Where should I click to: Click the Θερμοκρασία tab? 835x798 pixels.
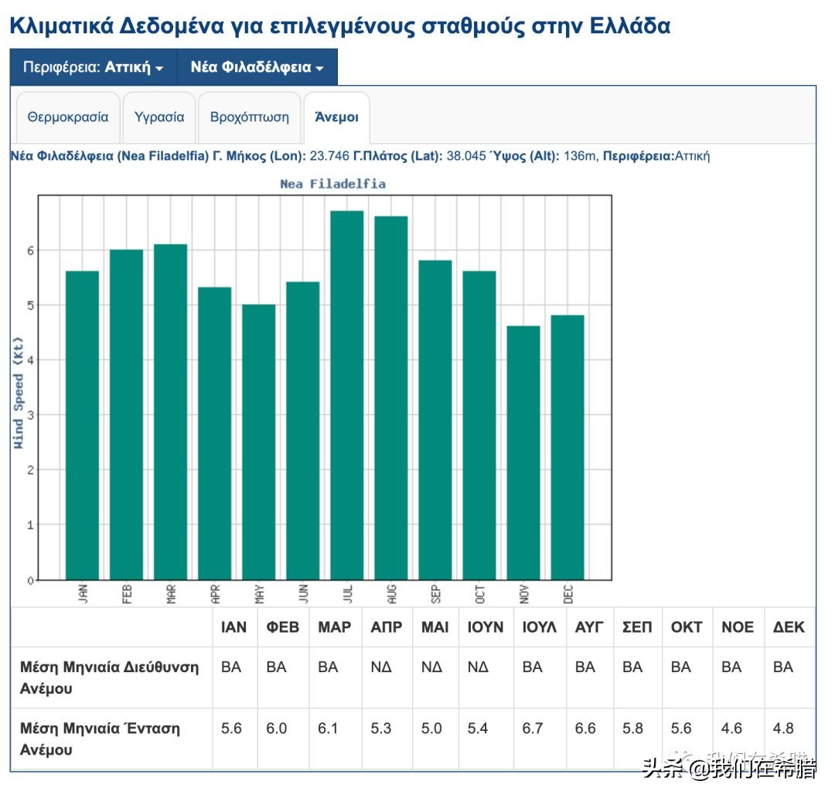tap(68, 117)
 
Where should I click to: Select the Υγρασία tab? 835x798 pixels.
tap(159, 117)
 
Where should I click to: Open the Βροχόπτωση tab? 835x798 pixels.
tap(250, 117)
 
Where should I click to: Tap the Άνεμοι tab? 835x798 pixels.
tap(336, 117)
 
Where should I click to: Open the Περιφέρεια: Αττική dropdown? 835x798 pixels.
tap(94, 67)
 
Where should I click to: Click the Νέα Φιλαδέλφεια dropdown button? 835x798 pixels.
tap(257, 67)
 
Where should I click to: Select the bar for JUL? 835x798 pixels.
tap(347, 394)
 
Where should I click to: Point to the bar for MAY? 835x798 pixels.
tap(259, 441)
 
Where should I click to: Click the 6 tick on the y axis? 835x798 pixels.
tap(31, 250)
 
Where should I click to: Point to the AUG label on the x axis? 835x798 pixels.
tap(392, 594)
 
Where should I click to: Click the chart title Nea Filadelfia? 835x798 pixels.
tap(332, 184)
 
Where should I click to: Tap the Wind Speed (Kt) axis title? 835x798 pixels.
tap(19, 393)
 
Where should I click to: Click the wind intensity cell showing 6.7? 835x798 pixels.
tap(533, 728)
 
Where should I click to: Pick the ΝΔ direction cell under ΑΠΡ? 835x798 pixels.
tap(382, 667)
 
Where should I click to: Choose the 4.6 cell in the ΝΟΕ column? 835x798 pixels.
tap(731, 728)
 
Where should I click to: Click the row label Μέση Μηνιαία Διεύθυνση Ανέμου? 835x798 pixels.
tap(109, 677)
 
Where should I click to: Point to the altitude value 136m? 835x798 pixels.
tap(580, 156)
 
